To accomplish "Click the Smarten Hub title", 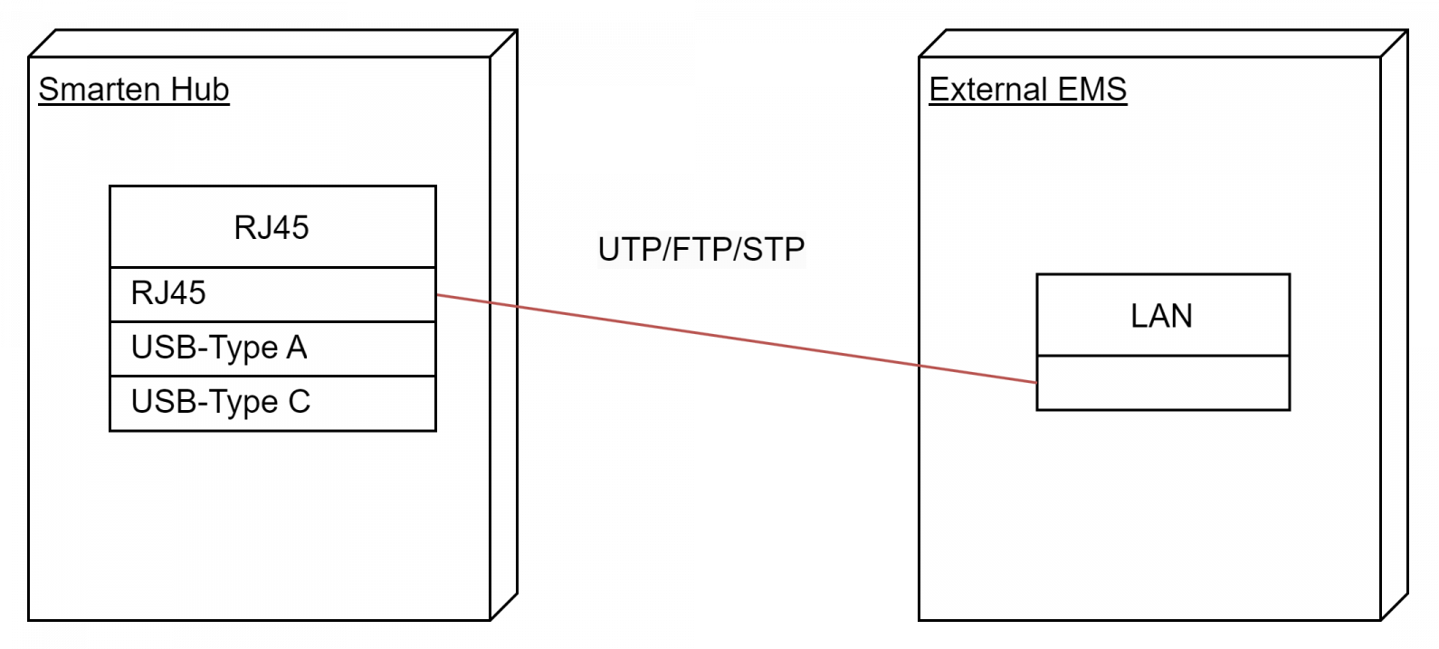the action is [134, 90].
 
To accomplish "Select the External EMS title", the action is [1028, 90].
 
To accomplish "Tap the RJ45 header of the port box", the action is [272, 227].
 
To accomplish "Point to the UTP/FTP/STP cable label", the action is [700, 249].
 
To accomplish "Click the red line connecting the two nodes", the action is [737, 339].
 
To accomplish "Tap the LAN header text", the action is [1161, 316].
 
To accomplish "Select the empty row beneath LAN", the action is [1163, 383].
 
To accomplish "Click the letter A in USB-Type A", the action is [297, 348].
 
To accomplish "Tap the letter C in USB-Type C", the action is [300, 402].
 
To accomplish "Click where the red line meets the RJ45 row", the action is [437, 295].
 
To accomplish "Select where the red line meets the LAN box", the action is [1037, 383].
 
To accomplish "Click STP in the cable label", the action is [774, 249].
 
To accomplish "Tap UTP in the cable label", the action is [629, 249].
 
